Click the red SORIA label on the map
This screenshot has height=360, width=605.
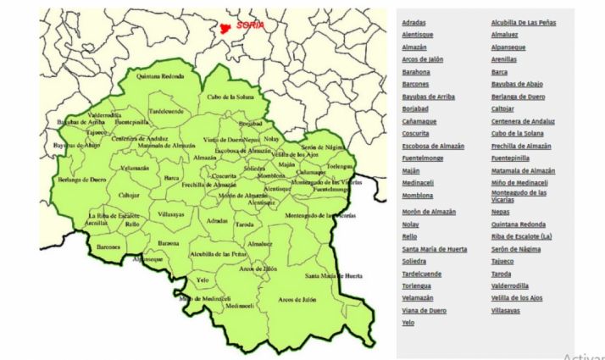pos(251,25)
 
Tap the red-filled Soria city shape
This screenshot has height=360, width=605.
pos(225,28)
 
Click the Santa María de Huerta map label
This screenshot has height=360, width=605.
pos(334,276)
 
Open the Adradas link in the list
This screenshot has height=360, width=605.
pos(414,22)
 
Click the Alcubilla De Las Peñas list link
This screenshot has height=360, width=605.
pos(524,22)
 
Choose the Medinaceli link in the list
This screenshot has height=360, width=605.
pos(419,182)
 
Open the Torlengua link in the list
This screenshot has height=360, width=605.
pos(417,286)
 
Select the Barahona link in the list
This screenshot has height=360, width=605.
pos(416,72)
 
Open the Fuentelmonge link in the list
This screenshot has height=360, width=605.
pos(423,158)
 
